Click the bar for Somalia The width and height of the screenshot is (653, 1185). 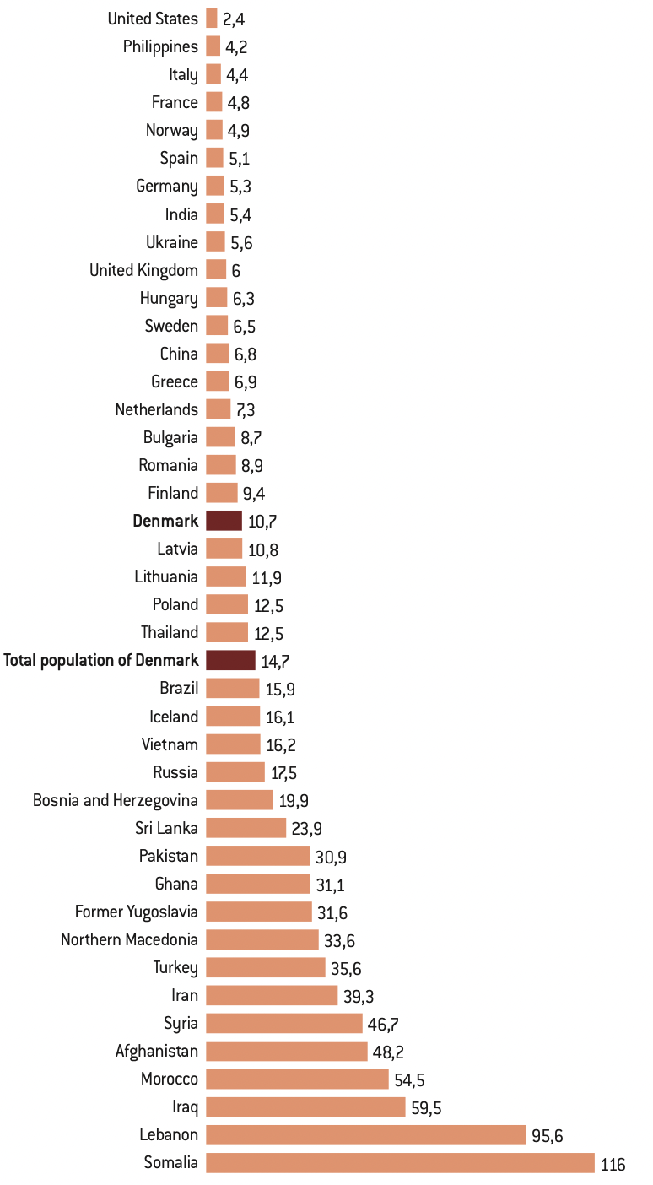pos(400,1163)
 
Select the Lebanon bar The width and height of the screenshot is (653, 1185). pos(366,1135)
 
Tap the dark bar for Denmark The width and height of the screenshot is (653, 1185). pos(224,521)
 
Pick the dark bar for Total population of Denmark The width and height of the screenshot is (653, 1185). pos(230,660)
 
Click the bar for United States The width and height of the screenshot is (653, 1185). pos(211,19)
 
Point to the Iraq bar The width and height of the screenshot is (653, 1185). pos(305,1107)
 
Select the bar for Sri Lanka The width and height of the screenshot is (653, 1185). pos(246,827)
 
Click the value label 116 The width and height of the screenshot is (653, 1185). pos(613,1164)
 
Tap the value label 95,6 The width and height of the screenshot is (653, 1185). pos(548,1136)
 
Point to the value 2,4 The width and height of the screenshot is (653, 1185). pos(234,19)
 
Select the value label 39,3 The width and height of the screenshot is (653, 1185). pos(358,996)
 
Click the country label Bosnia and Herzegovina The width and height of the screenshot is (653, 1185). pos(116,800)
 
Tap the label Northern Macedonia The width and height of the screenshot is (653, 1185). pos(129,939)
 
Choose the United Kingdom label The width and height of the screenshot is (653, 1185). pos(143,270)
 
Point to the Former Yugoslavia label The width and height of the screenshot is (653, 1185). pos(137,912)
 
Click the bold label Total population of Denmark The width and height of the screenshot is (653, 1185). pos(101,660)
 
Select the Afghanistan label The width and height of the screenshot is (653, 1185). pos(157,1051)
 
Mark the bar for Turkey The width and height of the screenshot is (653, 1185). pos(265,967)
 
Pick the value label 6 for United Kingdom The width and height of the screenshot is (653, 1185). pos(236,270)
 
